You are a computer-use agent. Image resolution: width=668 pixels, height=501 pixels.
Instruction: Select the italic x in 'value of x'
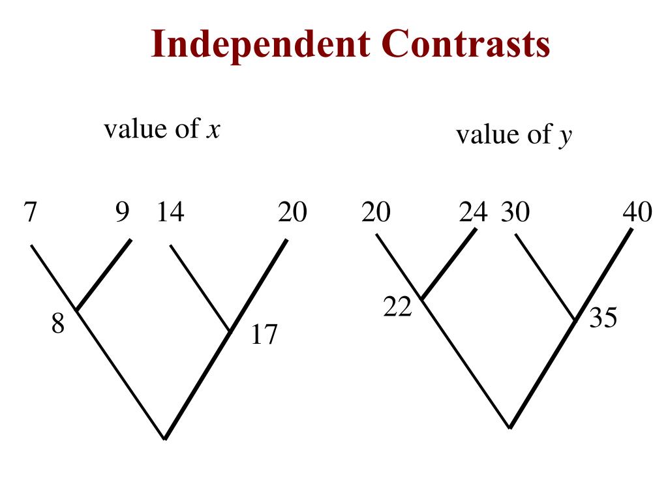[x=213, y=130]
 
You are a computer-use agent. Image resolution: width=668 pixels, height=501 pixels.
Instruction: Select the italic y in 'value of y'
[x=564, y=136]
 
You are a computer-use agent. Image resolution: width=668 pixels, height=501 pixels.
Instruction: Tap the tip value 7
[x=29, y=213]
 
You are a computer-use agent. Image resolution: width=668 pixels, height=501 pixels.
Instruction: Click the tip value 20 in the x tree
[x=292, y=213]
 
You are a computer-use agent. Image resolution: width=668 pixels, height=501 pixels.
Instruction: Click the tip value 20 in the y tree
[x=375, y=213]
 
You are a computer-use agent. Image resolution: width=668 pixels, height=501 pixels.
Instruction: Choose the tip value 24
[x=473, y=213]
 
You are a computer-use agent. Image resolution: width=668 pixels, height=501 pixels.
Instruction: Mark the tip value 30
[x=515, y=213]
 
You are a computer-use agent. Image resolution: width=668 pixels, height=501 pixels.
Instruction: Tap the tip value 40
[x=637, y=213]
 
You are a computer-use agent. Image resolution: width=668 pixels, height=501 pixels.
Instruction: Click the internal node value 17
[x=265, y=335]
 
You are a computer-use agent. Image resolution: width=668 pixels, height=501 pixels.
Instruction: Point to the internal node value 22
[x=397, y=307]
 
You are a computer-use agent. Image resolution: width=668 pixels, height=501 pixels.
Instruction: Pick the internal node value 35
[x=603, y=318]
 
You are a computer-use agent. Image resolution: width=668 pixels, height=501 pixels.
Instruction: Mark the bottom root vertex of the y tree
[x=510, y=428]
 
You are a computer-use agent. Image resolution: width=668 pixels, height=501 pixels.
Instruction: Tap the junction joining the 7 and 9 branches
[x=77, y=310]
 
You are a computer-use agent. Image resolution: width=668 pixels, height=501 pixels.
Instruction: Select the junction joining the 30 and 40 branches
[x=575, y=320]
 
